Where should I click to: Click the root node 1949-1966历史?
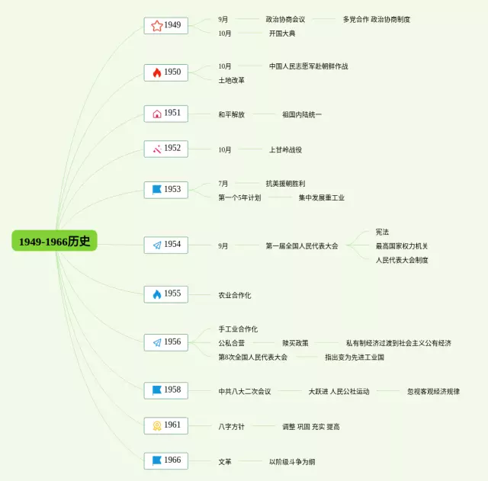pyautogui.click(x=54, y=241)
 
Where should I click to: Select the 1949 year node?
pyautogui.click(x=166, y=25)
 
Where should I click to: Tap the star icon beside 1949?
pyautogui.click(x=156, y=26)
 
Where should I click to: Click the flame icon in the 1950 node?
pyautogui.click(x=156, y=72)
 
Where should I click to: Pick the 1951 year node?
pyautogui.click(x=166, y=114)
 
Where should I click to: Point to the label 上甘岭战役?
pyautogui.click(x=285, y=149)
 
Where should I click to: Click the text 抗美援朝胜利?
pyautogui.click(x=285, y=183)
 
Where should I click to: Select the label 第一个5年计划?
pyautogui.click(x=239, y=197)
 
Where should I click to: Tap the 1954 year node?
pyautogui.click(x=166, y=245)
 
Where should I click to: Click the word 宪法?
pyautogui.click(x=382, y=232)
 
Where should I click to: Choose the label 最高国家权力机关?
pyautogui.click(x=402, y=245)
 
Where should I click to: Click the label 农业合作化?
pyautogui.click(x=235, y=295)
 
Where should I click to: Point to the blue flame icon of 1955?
pyautogui.click(x=156, y=294)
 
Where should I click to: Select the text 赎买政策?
pyautogui.click(x=295, y=343)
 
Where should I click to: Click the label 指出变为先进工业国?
pyautogui.click(x=355, y=357)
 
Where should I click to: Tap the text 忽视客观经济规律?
pyautogui.click(x=433, y=391)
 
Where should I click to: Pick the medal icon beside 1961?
pyautogui.click(x=156, y=425)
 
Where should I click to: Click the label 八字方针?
pyautogui.click(x=232, y=426)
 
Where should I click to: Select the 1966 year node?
pyautogui.click(x=166, y=460)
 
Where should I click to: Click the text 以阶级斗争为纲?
pyautogui.click(x=292, y=461)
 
